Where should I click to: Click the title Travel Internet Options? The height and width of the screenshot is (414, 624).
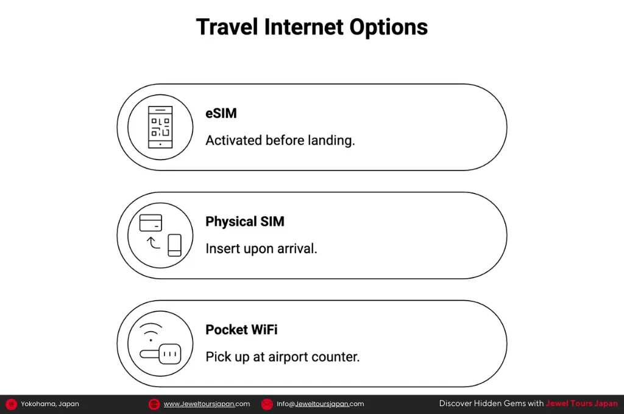tap(312, 27)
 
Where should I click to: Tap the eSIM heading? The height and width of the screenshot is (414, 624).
tap(221, 113)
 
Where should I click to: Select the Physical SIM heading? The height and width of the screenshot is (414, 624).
tap(245, 222)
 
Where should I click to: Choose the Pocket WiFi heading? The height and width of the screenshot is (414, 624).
tap(241, 330)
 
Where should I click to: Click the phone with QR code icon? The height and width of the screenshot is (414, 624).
tap(160, 127)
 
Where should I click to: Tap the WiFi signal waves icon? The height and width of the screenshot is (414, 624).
tap(151, 332)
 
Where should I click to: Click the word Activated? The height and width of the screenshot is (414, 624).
tap(233, 141)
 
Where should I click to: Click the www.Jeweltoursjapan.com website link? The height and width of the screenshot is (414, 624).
tap(207, 404)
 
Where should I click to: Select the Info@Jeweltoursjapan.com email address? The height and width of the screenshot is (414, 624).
tap(320, 404)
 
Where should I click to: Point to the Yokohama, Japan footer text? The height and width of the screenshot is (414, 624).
tap(50, 404)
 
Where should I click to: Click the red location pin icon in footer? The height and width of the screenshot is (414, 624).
tap(11, 404)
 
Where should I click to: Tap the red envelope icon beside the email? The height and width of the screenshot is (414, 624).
tap(267, 404)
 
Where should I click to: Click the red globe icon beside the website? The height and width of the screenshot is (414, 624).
tap(154, 404)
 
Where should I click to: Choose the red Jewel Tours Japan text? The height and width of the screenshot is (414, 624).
tap(581, 403)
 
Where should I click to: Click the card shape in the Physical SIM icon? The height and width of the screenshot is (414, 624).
tap(151, 223)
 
